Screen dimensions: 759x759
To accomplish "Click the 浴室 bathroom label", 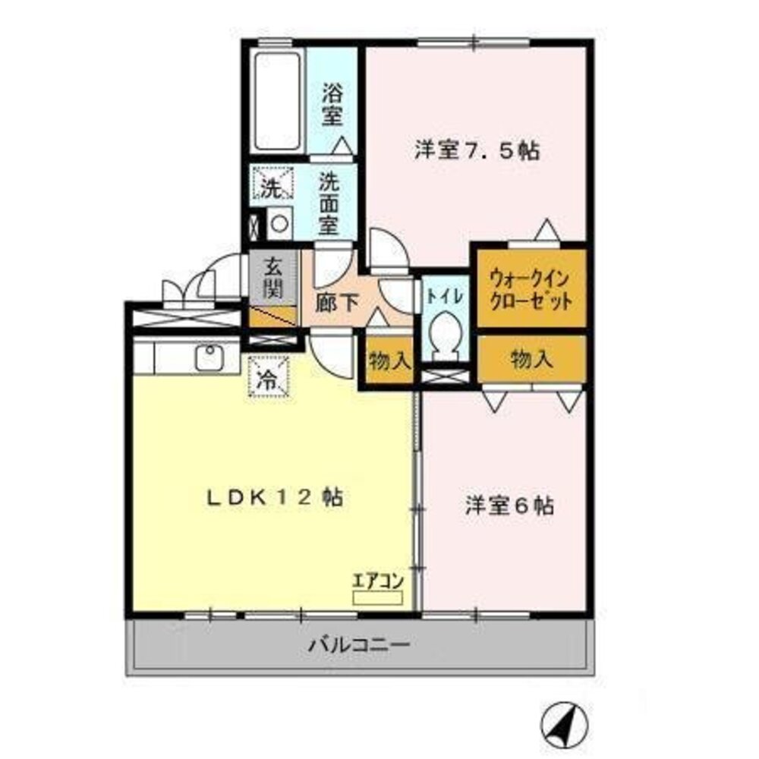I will coord(332,106).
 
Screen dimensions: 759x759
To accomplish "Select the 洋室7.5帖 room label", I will coord(477,150).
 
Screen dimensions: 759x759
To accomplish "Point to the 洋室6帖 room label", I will coord(509,505).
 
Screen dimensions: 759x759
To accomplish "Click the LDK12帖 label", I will coord(275,498).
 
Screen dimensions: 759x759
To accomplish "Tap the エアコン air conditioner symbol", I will coord(377,597).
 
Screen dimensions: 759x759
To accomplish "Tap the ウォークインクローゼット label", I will coord(531,288).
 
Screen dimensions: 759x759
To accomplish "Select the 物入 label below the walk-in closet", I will coord(531,358).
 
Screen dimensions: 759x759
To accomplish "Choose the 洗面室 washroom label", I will coord(328,203).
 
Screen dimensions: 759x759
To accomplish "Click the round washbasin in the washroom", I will coord(279,223).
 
